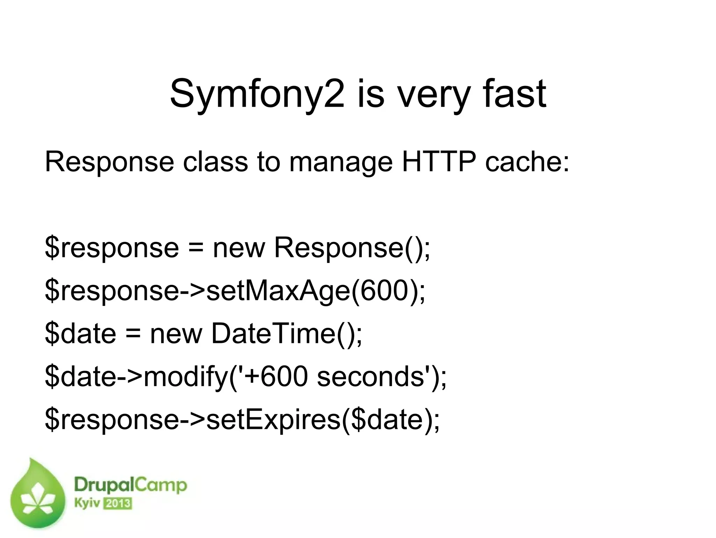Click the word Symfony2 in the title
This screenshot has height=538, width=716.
click(x=257, y=94)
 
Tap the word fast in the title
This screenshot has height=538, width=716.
click(x=514, y=93)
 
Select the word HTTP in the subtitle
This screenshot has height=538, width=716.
click(x=439, y=162)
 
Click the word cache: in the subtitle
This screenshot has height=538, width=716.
click(x=527, y=162)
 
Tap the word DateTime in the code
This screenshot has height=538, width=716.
click(x=273, y=333)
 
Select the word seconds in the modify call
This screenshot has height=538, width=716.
click(x=370, y=377)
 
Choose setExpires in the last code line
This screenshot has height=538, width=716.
click(x=273, y=419)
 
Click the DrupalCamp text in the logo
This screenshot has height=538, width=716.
click(x=130, y=486)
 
